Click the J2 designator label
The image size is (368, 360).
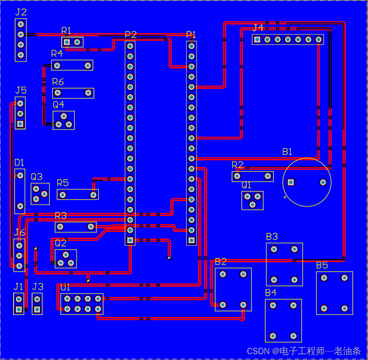[x=21, y=12]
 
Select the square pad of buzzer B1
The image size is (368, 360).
[x=291, y=182]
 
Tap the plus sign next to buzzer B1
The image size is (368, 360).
[x=285, y=197]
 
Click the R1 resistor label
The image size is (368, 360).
[x=66, y=31]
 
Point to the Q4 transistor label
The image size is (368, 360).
[x=58, y=104]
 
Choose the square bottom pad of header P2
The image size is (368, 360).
[x=130, y=240]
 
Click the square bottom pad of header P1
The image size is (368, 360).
[x=191, y=240]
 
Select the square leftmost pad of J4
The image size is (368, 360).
[x=257, y=39]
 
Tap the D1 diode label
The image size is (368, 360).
[x=19, y=162]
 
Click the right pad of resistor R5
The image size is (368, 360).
[x=93, y=195]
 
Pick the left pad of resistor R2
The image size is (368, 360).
[x=237, y=176]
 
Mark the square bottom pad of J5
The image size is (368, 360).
[x=20, y=124]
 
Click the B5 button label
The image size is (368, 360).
[x=322, y=265]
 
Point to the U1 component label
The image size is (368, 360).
[x=65, y=287]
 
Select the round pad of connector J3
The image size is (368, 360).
[x=37, y=299]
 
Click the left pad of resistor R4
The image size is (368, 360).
[x=57, y=65]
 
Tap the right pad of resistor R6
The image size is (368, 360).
[x=88, y=93]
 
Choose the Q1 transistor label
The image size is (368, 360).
[x=246, y=185]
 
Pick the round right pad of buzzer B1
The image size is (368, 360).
[x=323, y=182]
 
